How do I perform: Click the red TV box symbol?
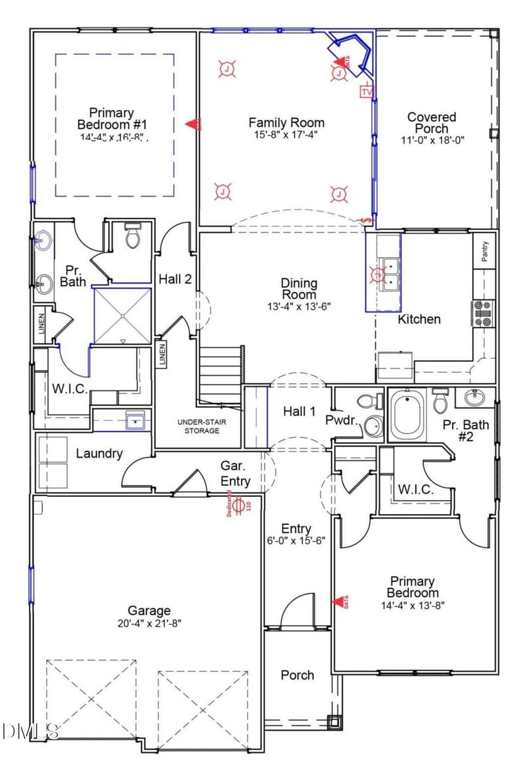[x=366, y=91]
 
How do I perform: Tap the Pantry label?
[x=485, y=251]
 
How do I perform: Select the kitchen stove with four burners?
[x=483, y=313]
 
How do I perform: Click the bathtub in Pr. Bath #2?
[x=407, y=416]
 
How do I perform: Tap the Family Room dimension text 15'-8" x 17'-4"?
[x=286, y=136]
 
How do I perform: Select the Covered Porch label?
[x=432, y=123]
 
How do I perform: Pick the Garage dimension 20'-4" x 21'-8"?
[x=149, y=623]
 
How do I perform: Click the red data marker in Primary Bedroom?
[x=341, y=602]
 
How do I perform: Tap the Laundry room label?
[x=99, y=453]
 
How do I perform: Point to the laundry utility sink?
[x=136, y=420]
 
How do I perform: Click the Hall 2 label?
[x=175, y=279]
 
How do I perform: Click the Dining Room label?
[x=299, y=289]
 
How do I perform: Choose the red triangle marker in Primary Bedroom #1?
[x=192, y=123]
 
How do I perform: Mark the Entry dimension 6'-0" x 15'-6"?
[x=296, y=540]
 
